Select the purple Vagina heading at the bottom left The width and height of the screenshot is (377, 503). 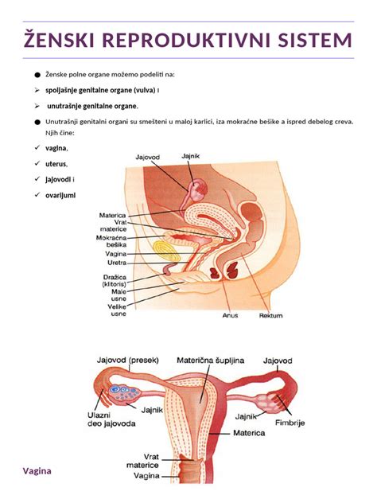(x=37, y=471)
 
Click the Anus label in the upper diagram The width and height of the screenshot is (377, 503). (x=230, y=315)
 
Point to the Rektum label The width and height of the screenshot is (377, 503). (x=271, y=315)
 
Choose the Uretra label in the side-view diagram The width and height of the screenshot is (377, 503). (x=117, y=263)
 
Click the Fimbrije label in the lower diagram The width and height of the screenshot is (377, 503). (x=290, y=423)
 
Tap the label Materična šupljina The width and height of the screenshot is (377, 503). (x=210, y=361)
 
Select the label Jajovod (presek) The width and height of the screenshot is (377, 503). (x=128, y=361)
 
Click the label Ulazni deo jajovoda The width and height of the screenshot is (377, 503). (x=111, y=419)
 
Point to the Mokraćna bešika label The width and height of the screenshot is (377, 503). (x=111, y=241)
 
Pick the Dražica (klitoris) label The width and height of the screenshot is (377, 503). (x=115, y=280)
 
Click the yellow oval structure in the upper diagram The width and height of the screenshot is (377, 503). (x=167, y=251)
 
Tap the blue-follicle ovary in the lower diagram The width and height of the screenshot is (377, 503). (x=125, y=394)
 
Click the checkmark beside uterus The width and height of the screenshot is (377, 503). (x=37, y=163)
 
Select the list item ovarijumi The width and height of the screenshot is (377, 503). (x=60, y=195)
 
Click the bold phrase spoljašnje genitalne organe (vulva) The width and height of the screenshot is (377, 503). (x=101, y=91)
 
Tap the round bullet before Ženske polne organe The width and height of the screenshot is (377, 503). (x=37, y=75)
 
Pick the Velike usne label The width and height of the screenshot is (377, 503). (x=117, y=310)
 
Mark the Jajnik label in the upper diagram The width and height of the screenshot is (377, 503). (x=190, y=156)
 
